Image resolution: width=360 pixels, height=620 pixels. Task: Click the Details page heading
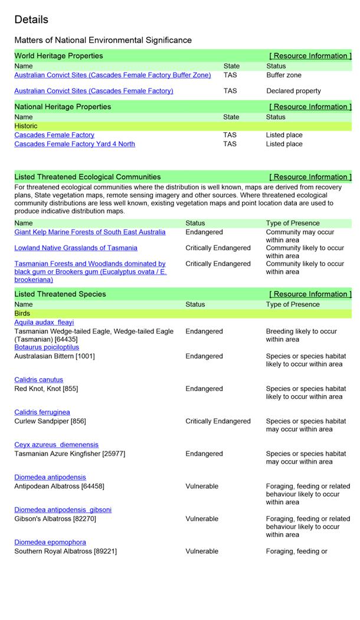point(31,19)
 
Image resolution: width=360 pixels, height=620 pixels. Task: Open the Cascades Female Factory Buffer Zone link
point(112,76)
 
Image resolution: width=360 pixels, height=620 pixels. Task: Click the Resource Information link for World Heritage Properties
point(310,56)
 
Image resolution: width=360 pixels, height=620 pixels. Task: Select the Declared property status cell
point(293,91)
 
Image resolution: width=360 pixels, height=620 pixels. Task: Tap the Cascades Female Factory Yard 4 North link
point(74,144)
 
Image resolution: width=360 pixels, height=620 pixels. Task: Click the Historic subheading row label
point(26,126)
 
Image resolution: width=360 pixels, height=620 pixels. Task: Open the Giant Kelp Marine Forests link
point(90,232)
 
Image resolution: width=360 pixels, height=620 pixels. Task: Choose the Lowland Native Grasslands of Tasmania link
point(76,248)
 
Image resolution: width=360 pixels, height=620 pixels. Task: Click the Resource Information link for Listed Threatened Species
point(310,294)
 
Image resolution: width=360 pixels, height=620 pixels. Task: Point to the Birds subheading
point(22,313)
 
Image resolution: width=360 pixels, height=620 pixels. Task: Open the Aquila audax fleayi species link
point(44,323)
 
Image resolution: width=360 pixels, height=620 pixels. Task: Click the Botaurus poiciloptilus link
point(47,347)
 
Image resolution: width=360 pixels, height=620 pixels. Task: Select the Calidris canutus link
point(38,380)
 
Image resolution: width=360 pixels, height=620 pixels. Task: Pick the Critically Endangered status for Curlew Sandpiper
point(218,421)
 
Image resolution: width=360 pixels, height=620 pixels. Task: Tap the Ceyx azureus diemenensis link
point(56,445)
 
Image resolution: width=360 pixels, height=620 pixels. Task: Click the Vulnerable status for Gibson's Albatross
point(202,519)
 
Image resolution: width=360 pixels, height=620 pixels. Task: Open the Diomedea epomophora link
point(50,542)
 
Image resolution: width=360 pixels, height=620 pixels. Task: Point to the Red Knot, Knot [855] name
point(46,389)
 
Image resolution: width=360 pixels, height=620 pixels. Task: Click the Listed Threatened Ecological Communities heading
point(87,177)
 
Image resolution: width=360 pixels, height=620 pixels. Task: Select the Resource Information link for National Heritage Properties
point(310,107)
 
